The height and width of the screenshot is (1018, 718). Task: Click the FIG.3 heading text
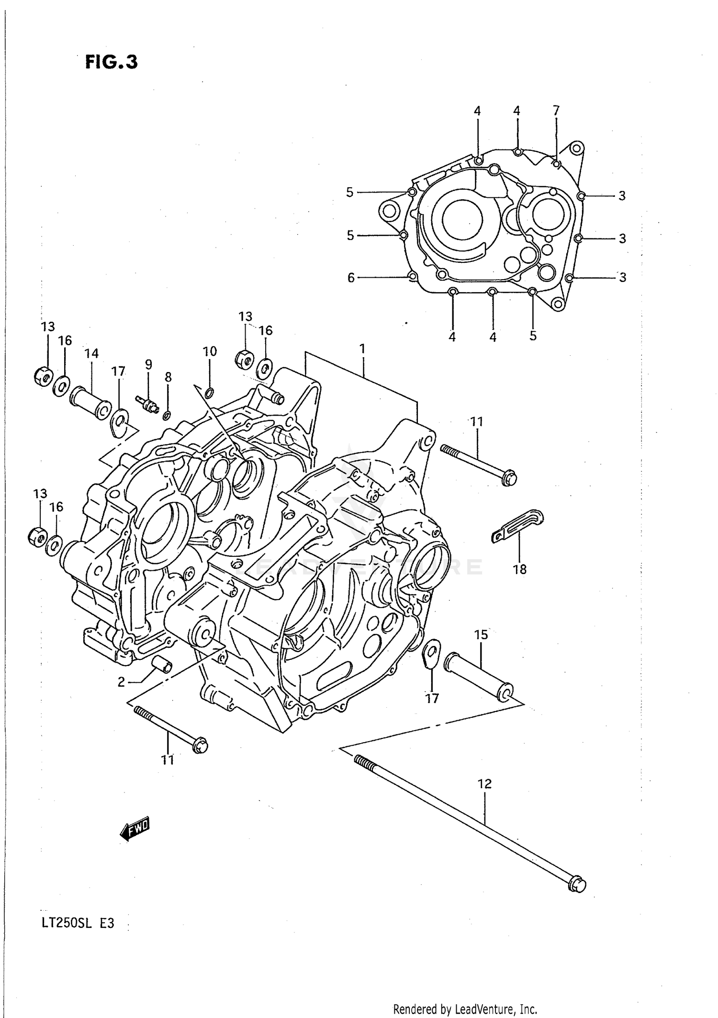tap(112, 62)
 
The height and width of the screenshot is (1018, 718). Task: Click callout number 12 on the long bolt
tap(484, 784)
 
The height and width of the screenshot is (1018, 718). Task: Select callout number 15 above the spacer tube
tap(481, 634)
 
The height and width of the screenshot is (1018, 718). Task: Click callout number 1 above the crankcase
tap(362, 349)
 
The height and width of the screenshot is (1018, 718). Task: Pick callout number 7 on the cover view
tap(556, 111)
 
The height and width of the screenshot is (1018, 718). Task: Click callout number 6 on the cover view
tap(351, 278)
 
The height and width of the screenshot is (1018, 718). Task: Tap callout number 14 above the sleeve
tap(91, 353)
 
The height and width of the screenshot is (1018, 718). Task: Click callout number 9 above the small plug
tap(148, 364)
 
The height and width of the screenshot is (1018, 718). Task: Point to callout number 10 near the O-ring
tap(210, 351)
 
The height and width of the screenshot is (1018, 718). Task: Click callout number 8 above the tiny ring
tap(168, 377)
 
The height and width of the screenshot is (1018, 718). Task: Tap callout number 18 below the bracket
tap(520, 569)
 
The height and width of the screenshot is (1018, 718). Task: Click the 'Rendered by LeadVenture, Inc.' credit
tap(465, 1009)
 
